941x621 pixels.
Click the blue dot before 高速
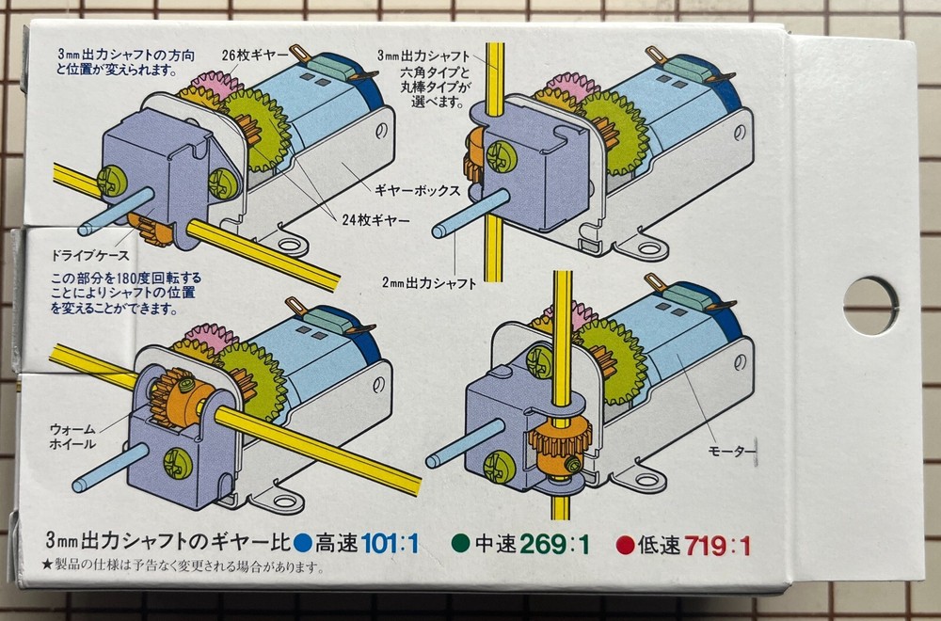tap(301, 543)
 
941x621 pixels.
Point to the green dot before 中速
tap(461, 543)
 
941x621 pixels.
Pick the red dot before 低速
tap(623, 543)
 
